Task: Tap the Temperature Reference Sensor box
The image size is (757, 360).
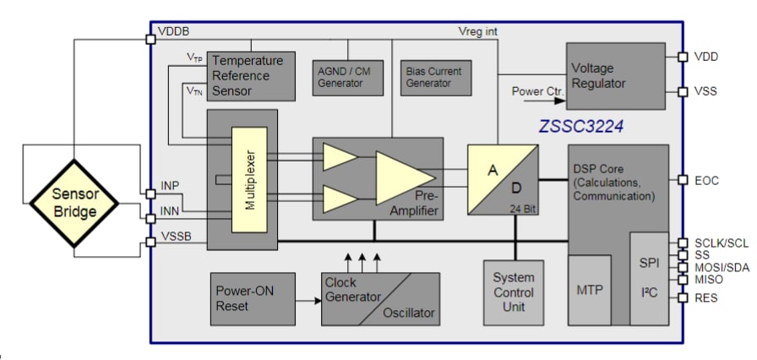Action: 252,76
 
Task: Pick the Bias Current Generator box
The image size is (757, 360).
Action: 434,77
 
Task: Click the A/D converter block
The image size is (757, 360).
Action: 504,179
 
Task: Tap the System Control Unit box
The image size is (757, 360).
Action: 514,292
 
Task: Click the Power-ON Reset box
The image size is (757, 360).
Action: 253,298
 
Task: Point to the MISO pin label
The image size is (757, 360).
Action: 709,279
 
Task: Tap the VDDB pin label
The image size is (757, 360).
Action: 173,32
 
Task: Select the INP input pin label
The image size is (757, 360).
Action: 170,185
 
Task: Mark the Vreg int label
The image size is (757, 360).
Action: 477,32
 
